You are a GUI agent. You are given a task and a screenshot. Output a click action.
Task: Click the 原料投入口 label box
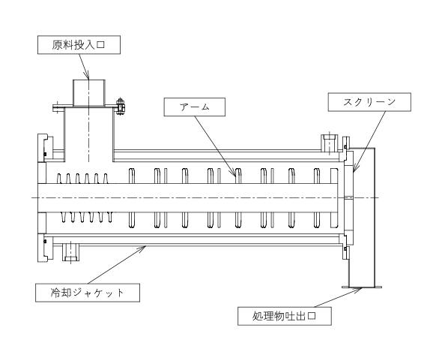click(x=79, y=44)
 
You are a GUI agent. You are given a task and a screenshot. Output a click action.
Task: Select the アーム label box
click(x=195, y=107)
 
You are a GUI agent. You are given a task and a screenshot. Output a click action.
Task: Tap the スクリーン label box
click(x=369, y=102)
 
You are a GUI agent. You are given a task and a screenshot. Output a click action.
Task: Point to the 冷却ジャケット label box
click(x=88, y=293)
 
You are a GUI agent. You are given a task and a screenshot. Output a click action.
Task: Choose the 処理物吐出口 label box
click(x=285, y=316)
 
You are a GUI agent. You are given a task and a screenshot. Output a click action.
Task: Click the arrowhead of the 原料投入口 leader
click(x=87, y=76)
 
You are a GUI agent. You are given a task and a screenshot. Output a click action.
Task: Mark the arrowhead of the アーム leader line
click(x=234, y=173)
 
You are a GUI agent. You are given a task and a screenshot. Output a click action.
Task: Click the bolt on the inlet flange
click(x=121, y=107)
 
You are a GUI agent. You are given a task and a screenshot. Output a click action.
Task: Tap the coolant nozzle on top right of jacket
click(x=329, y=143)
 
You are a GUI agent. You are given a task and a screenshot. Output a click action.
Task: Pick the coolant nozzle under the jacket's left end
click(x=70, y=252)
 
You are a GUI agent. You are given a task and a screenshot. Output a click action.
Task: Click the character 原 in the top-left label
click(x=57, y=45)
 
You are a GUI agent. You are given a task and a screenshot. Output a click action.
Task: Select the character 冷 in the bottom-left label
click(x=56, y=293)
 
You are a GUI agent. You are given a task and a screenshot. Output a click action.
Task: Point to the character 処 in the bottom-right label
click(x=258, y=316)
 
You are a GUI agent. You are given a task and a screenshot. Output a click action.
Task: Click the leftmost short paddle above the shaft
click(x=59, y=179)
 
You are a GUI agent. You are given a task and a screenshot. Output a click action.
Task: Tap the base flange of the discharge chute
click(x=362, y=287)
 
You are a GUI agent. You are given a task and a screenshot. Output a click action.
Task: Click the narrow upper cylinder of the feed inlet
click(x=89, y=93)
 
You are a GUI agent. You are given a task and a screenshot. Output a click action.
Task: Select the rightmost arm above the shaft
click(x=334, y=176)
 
